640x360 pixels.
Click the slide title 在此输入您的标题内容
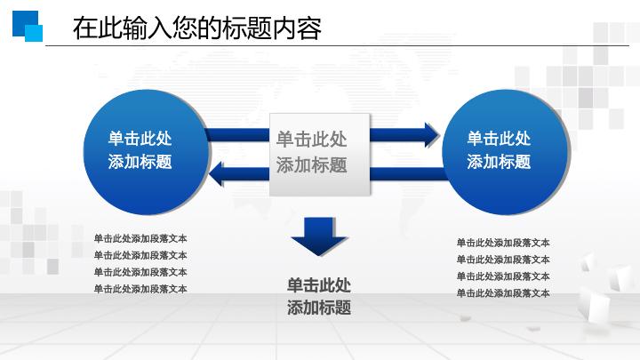coord(196,28)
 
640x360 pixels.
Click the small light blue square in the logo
coord(35,33)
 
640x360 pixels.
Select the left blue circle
coord(140,150)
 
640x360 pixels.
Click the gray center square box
coord(319,153)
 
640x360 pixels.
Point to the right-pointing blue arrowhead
coord(430,135)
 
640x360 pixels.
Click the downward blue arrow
coord(318,236)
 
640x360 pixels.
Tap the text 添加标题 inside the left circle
coord(140,162)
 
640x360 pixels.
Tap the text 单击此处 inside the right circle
coord(500,138)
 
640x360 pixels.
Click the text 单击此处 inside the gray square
coord(311,140)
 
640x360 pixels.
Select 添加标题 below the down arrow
coord(319,308)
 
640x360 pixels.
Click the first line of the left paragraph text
coord(140,238)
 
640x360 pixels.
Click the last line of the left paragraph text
coord(140,288)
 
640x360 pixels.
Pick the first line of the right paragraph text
coord(503,243)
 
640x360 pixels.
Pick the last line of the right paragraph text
coord(503,292)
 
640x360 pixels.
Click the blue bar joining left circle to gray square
coord(236,135)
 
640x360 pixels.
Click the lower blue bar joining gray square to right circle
coord(405,172)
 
